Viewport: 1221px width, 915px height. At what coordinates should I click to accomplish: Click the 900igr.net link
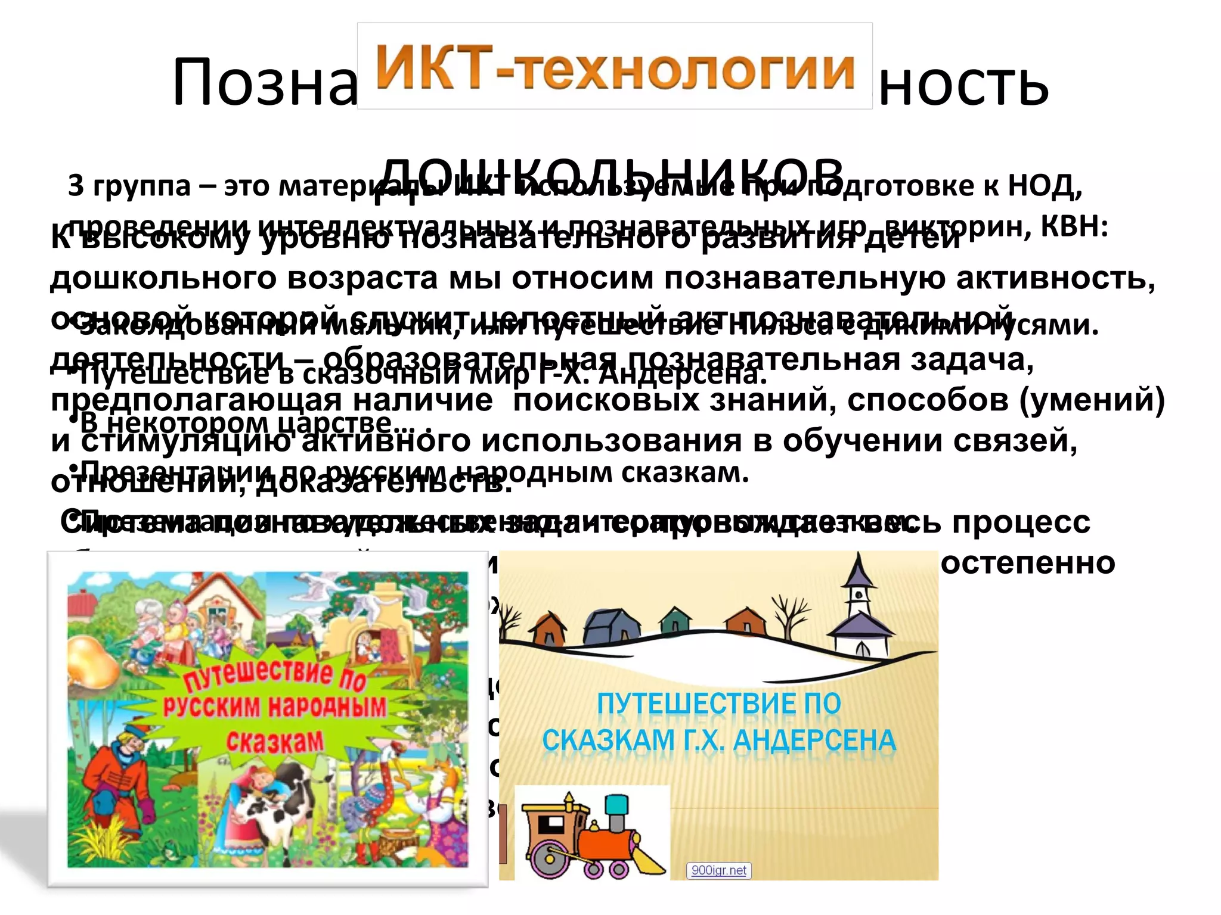[x=718, y=870]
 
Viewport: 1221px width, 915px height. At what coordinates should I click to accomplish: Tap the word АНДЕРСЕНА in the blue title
[x=814, y=740]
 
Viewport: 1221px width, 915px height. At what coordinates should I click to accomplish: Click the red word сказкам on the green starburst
[x=275, y=742]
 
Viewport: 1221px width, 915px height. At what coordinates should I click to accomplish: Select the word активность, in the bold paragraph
[x=1056, y=278]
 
